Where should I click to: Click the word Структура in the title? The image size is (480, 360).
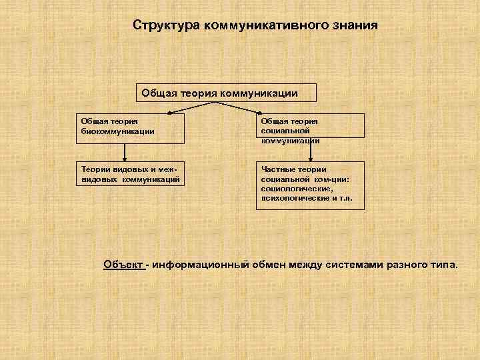click(x=166, y=25)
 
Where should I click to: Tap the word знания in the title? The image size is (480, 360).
click(x=354, y=25)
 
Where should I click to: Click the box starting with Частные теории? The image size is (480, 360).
click(x=311, y=186)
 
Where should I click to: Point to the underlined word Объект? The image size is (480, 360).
click(x=124, y=265)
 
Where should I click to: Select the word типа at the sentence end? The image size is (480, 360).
click(x=446, y=265)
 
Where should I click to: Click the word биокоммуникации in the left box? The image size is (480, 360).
click(x=117, y=131)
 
